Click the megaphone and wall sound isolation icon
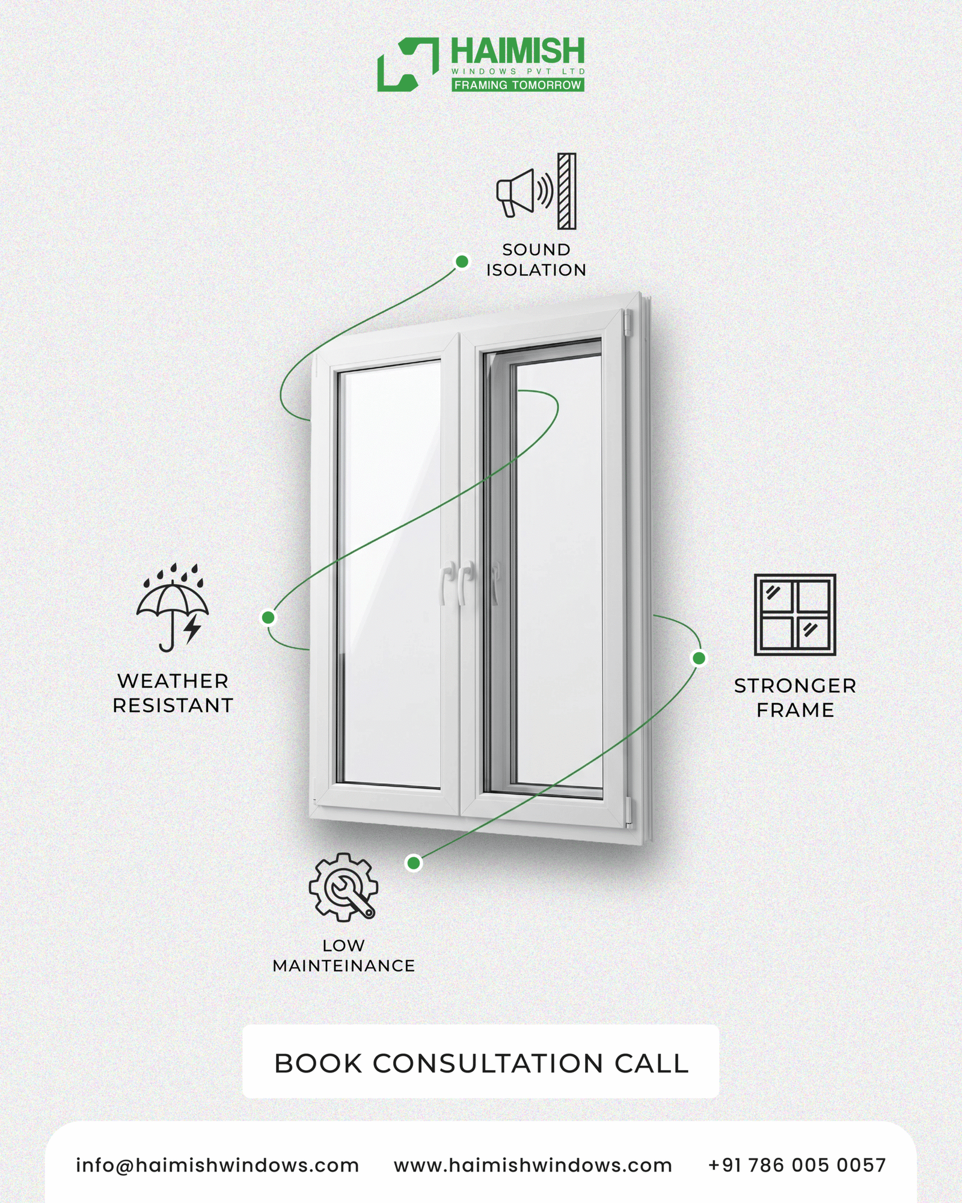536,191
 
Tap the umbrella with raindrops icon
173,608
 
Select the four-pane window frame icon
795,614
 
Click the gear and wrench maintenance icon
343,887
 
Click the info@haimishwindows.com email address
217,1165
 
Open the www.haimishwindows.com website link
533,1165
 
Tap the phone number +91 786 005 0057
797,1165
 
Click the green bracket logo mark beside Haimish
408,65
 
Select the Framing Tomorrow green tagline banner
518,85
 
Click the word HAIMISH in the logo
518,51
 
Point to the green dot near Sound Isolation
462,262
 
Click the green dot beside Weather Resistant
268,617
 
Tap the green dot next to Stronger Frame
699,658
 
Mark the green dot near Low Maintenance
414,863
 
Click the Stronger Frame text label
795,698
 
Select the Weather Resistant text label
173,693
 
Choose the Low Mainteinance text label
343,956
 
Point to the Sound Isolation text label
536,260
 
